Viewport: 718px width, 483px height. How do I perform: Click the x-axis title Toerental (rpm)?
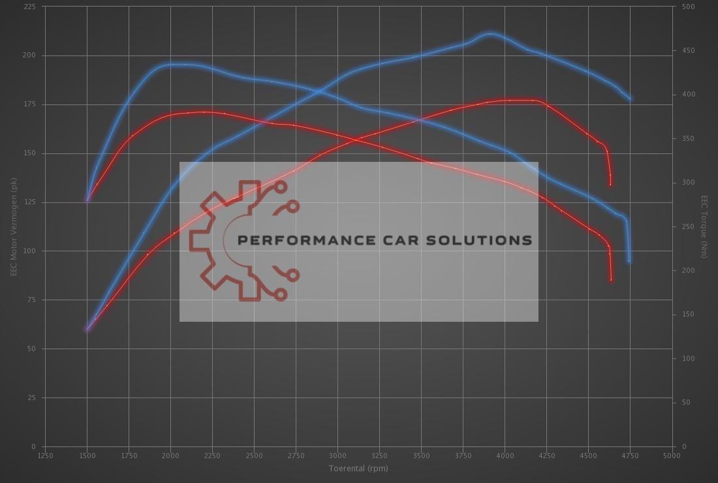[358, 468]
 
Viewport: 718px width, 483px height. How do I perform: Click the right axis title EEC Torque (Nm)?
[704, 226]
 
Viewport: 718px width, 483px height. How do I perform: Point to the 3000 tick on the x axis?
[337, 456]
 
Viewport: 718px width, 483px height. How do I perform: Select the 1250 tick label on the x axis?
[45, 456]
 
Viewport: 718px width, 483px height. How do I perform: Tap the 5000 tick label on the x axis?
[671, 456]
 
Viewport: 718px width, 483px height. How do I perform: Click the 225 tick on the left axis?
[30, 7]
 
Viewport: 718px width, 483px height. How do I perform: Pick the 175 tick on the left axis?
[30, 104]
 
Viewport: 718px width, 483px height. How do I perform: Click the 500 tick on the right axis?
[688, 7]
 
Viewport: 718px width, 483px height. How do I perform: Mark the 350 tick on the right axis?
[688, 138]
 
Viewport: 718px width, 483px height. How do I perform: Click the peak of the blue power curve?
[491, 33]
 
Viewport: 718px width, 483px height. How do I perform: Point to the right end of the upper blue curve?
[631, 99]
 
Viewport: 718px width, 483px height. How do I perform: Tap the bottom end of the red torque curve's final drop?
[612, 280]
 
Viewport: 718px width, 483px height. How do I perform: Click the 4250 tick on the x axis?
[547, 456]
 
